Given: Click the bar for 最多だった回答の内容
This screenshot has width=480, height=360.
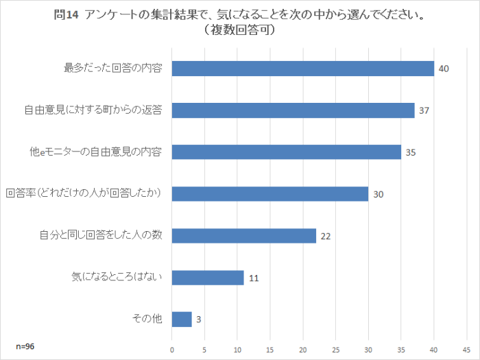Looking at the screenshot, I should (x=302, y=69).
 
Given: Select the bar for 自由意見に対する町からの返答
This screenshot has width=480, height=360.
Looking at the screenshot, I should (x=293, y=110).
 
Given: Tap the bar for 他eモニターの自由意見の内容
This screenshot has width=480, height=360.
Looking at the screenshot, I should (x=286, y=152).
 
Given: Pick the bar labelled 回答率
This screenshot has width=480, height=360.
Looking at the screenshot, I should (x=269, y=194).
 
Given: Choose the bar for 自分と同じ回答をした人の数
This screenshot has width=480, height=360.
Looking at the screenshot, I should (x=243, y=236).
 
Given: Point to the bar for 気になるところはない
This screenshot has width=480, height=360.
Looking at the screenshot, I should (x=208, y=278).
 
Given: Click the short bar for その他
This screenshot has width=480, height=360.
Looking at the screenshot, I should (x=182, y=320).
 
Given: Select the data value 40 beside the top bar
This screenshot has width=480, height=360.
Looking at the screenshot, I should (x=444, y=69).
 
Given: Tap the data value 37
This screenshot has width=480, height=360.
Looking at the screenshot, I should (x=424, y=111).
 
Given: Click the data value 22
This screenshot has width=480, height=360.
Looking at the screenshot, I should (x=326, y=237).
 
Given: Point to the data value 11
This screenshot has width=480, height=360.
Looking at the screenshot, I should (x=254, y=278).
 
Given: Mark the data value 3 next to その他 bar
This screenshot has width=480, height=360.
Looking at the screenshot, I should (x=199, y=320).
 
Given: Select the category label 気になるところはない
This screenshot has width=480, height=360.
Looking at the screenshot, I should (x=116, y=278).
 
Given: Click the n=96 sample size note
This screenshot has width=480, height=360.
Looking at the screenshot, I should (x=25, y=346).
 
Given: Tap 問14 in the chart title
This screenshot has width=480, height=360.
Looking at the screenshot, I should (x=67, y=16).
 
